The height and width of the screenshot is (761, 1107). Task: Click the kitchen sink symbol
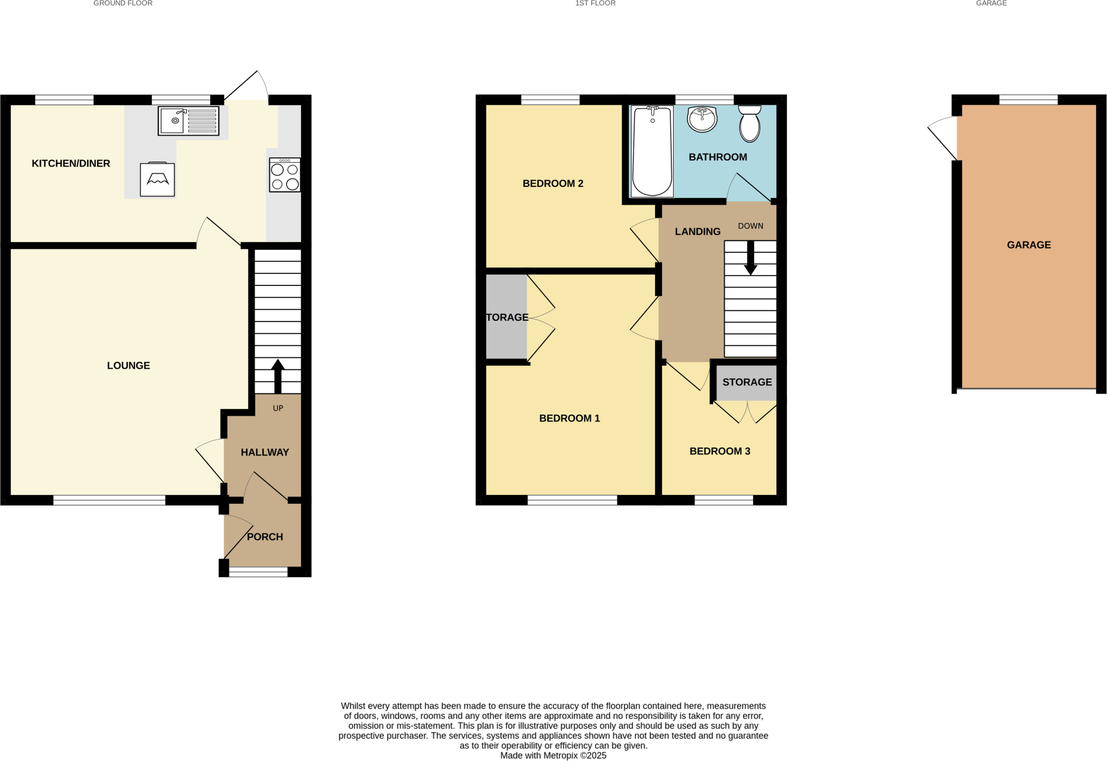(x=188, y=121)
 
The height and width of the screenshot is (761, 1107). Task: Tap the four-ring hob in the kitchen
(x=285, y=175)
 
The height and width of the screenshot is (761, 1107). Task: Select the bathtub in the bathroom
(x=652, y=151)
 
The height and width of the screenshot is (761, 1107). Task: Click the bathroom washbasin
(x=702, y=119)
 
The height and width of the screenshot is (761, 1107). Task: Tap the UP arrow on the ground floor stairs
(x=278, y=376)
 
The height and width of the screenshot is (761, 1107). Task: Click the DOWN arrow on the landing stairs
(x=750, y=258)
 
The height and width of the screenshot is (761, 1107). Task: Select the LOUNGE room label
(x=129, y=366)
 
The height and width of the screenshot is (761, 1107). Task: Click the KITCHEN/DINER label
(x=71, y=164)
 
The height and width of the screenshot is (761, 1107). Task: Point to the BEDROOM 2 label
(x=553, y=184)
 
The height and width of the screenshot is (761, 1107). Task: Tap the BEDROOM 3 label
(x=719, y=451)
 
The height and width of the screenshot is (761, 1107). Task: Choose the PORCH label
(x=265, y=537)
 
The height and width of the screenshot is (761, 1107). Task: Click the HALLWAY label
(x=265, y=452)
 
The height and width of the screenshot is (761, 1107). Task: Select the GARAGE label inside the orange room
(x=1029, y=245)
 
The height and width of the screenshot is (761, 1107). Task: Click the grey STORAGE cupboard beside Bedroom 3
(x=747, y=383)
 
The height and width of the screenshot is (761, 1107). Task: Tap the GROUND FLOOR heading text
(x=123, y=3)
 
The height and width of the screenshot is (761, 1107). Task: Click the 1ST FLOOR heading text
(x=595, y=3)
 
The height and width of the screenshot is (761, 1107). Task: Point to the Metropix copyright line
(x=553, y=756)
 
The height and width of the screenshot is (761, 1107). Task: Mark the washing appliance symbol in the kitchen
(x=157, y=179)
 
